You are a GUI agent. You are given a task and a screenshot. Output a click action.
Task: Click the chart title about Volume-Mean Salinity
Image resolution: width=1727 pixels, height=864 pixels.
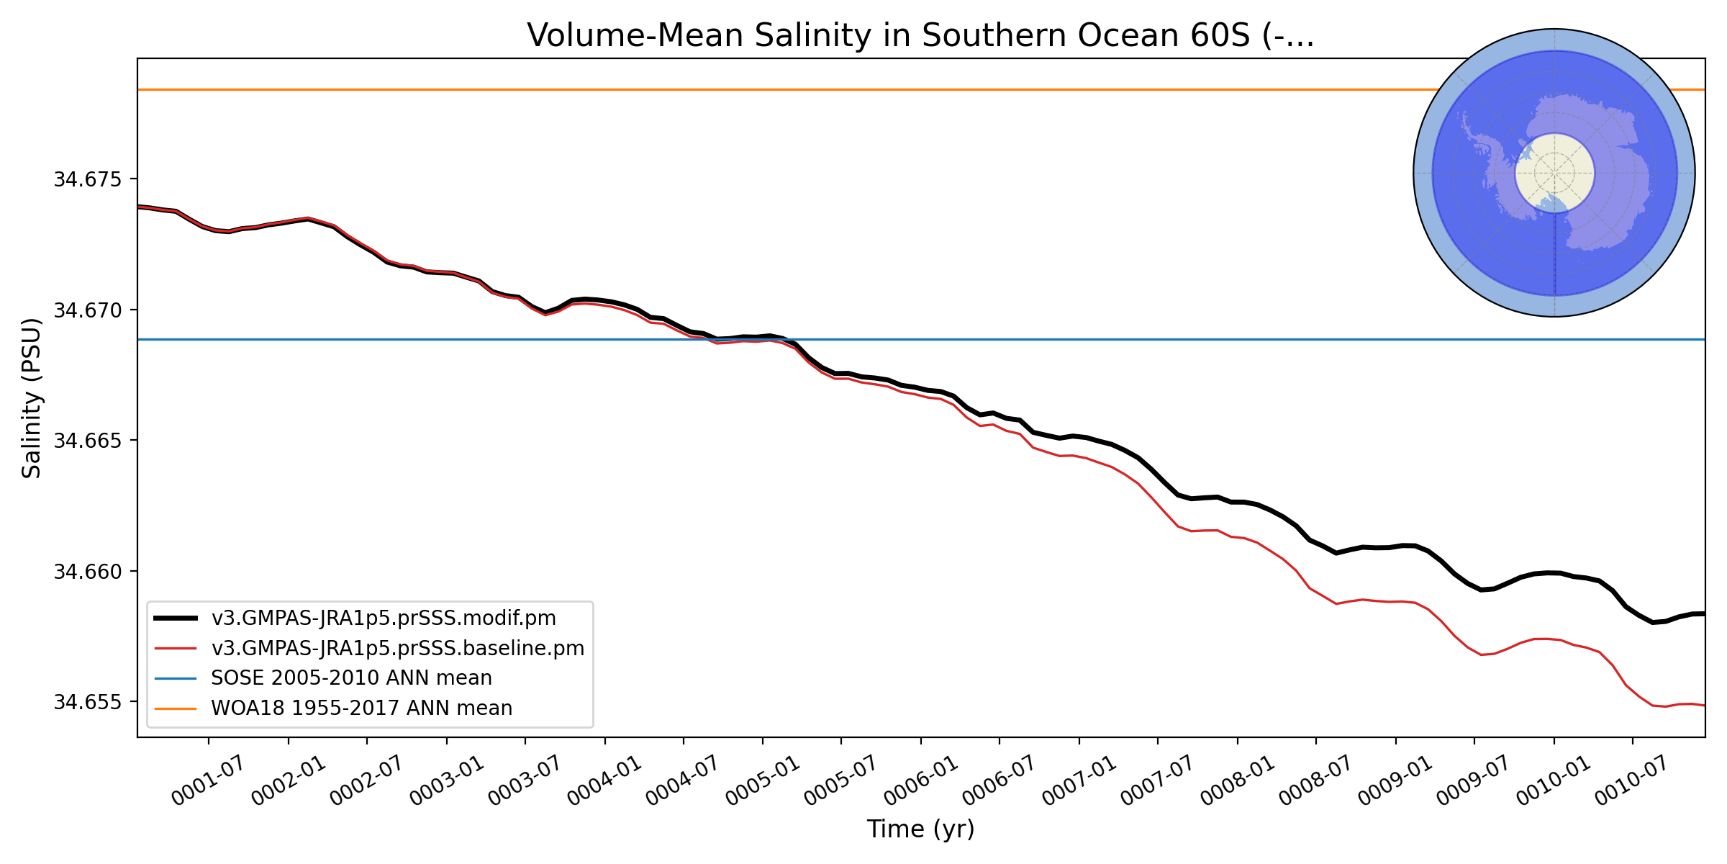click(920, 35)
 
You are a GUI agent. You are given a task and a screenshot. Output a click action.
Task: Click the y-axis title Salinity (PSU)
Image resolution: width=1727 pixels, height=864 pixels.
click(32, 398)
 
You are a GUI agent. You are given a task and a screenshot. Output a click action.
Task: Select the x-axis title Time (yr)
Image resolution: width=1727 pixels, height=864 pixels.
click(920, 829)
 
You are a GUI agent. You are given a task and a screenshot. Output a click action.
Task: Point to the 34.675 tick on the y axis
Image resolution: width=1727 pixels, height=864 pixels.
click(91, 179)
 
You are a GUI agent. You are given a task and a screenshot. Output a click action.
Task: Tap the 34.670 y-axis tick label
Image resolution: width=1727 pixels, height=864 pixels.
click(91, 310)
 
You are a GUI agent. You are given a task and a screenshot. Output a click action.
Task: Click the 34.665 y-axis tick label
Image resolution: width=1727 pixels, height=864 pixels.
click(91, 441)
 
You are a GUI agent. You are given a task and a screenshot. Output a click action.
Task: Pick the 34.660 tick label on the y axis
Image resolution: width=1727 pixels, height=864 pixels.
click(91, 572)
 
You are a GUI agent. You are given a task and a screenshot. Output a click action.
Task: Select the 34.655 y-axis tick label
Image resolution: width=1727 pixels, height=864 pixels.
click(91, 702)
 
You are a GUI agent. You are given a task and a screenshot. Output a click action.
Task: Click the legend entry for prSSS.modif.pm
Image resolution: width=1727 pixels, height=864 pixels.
click(383, 618)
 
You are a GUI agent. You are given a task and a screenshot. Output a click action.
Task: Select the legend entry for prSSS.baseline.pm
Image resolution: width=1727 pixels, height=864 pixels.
click(397, 648)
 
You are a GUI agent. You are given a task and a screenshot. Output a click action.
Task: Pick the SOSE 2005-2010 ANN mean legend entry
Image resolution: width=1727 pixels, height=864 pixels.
click(351, 678)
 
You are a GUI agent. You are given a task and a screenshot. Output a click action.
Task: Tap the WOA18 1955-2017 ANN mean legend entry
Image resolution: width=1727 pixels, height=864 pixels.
click(361, 708)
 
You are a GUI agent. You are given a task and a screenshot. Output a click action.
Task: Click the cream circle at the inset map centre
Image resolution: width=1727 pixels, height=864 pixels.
click(1554, 173)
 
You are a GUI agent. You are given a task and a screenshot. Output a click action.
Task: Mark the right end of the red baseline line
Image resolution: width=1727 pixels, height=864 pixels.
click(1703, 705)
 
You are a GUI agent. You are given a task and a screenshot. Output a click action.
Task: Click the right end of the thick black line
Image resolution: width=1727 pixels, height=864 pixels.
click(1703, 613)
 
